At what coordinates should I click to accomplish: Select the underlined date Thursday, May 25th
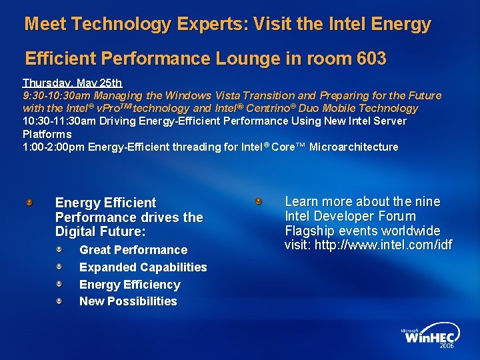[72, 83]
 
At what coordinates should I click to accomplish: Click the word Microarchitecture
[353, 147]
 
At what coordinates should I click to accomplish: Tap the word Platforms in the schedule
[47, 134]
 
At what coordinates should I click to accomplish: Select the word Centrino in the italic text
[274, 108]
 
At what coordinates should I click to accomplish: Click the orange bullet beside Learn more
[259, 201]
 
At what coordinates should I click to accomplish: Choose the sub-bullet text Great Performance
[133, 250]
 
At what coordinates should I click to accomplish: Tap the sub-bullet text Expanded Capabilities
[143, 267]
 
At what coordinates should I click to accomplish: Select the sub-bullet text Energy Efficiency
[129, 285]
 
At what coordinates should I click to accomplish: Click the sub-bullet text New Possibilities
[128, 301]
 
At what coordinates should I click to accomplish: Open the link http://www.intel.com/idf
[383, 245]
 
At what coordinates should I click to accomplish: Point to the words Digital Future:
[100, 232]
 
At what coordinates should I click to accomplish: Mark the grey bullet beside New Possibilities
[59, 301]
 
